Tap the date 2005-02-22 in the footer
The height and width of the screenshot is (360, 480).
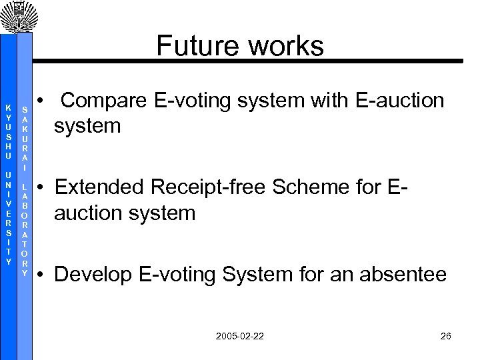pyautogui.click(x=240, y=336)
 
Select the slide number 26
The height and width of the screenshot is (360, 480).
pyautogui.click(x=446, y=336)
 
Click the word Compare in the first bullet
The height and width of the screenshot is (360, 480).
pyautogui.click(x=103, y=101)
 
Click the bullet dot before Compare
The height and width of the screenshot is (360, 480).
pyautogui.click(x=41, y=101)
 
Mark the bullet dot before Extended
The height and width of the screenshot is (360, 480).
pyautogui.click(x=41, y=188)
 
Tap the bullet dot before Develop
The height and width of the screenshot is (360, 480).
pyautogui.click(x=41, y=275)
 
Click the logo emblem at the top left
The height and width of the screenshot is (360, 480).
pyautogui.click(x=15, y=15)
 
